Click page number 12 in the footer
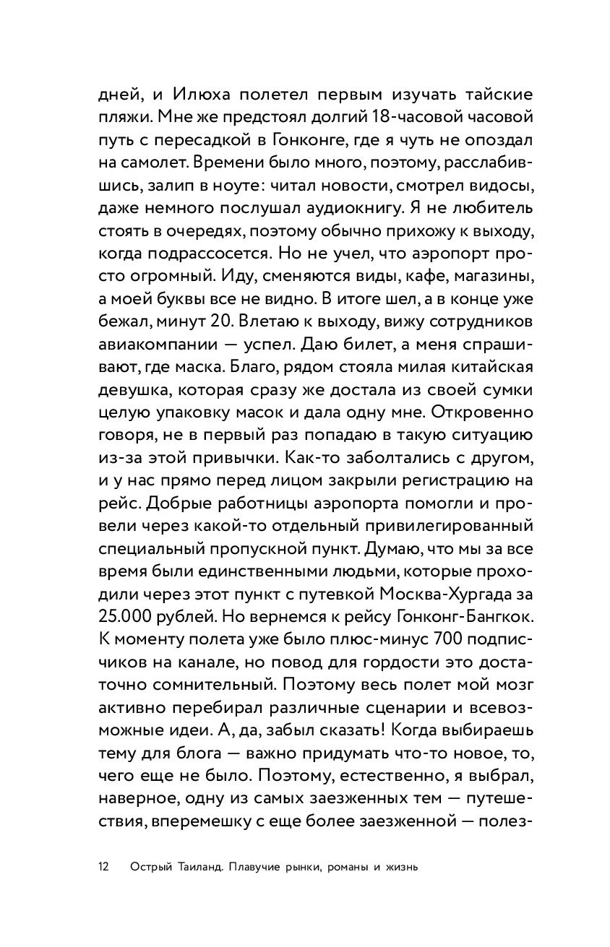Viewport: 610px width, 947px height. tap(102, 867)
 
